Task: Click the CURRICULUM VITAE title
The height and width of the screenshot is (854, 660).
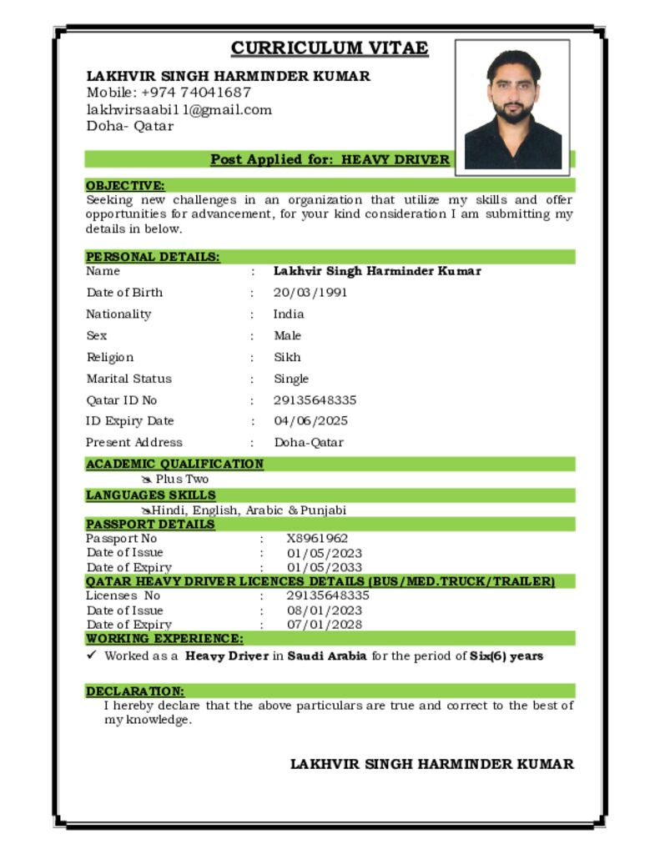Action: [330, 48]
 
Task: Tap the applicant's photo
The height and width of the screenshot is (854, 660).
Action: [512, 108]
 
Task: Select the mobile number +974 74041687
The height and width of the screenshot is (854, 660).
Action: [195, 93]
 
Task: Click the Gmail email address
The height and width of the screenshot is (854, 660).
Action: [179, 109]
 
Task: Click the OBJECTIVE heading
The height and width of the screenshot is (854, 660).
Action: [125, 185]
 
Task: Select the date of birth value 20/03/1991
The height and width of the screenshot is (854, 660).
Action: [310, 293]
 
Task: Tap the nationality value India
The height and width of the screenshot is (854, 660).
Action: [289, 314]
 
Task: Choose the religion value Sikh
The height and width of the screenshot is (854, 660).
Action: [287, 357]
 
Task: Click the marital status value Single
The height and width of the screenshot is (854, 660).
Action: [291, 379]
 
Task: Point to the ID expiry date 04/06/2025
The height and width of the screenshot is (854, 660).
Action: [310, 421]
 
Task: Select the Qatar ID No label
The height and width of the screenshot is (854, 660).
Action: [121, 400]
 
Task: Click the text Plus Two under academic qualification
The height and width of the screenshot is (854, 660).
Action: [182, 480]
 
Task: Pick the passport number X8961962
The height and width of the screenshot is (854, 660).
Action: [317, 539]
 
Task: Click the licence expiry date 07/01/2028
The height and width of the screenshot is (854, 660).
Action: [325, 625]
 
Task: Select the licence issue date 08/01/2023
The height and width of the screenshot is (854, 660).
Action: [325, 610]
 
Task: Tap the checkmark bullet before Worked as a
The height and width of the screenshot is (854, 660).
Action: [93, 656]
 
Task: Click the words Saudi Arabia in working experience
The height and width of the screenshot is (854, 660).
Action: [327, 656]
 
